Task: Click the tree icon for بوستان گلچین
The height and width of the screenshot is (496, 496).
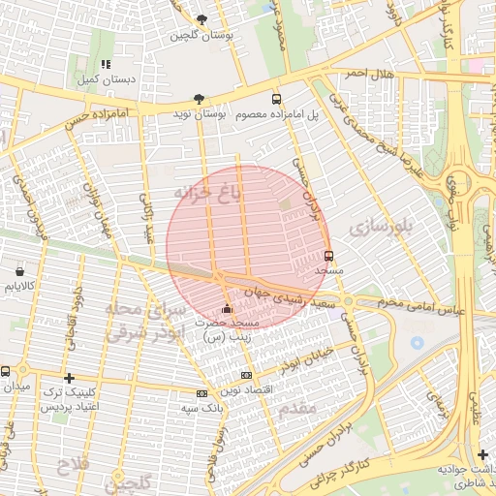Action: point(201,19)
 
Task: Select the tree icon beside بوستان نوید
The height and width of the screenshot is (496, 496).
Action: point(199,99)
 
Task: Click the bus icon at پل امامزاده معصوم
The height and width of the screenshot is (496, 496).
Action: point(277,99)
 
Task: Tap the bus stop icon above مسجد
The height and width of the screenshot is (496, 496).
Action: point(329,257)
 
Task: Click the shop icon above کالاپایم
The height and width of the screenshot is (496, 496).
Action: point(19,271)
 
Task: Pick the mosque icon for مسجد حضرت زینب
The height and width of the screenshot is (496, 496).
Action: point(227,308)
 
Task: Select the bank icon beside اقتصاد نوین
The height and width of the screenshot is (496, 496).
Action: point(246,375)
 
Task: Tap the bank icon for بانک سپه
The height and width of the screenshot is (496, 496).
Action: point(201,393)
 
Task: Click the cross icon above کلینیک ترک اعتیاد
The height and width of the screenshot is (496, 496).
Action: point(68,378)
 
